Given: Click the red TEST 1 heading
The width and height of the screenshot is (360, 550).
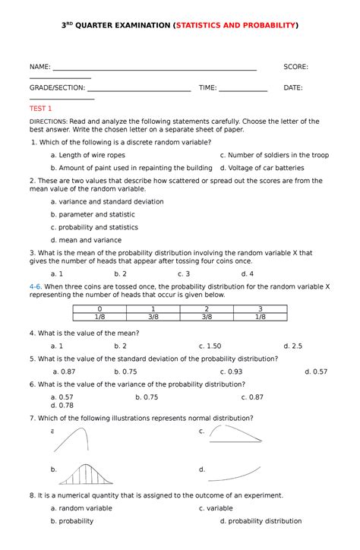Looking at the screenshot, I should (39, 109).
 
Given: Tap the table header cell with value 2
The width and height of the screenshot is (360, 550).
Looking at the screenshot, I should (207, 308).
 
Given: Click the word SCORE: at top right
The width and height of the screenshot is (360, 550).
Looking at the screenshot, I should (296, 68).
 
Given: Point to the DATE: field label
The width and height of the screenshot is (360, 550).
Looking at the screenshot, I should (293, 87).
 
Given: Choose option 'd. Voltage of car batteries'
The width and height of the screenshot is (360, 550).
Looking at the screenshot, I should (262, 168).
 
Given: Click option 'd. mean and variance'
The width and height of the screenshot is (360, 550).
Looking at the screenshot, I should (86, 240).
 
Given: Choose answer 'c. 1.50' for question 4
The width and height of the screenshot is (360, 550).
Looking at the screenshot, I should (210, 346).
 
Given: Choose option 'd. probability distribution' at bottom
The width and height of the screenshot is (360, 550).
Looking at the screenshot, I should (261, 521).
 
